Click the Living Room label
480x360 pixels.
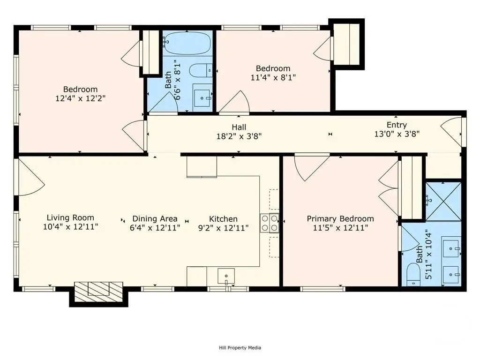70,217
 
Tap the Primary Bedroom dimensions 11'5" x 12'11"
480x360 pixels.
340,228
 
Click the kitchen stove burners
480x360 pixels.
270,223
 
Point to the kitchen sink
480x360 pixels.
226,276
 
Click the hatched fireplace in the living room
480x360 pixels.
98,289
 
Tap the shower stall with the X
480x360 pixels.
443,202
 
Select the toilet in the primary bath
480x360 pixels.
413,274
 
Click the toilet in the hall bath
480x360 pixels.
201,71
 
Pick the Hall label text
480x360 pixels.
239,127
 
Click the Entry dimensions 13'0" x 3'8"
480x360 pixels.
397,134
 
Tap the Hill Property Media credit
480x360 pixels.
240,347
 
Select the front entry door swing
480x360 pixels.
451,132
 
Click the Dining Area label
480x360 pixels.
155,219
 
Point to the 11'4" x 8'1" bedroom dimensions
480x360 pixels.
273,77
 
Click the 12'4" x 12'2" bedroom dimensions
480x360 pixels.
81,98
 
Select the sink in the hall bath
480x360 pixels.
202,97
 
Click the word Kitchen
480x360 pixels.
223,219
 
